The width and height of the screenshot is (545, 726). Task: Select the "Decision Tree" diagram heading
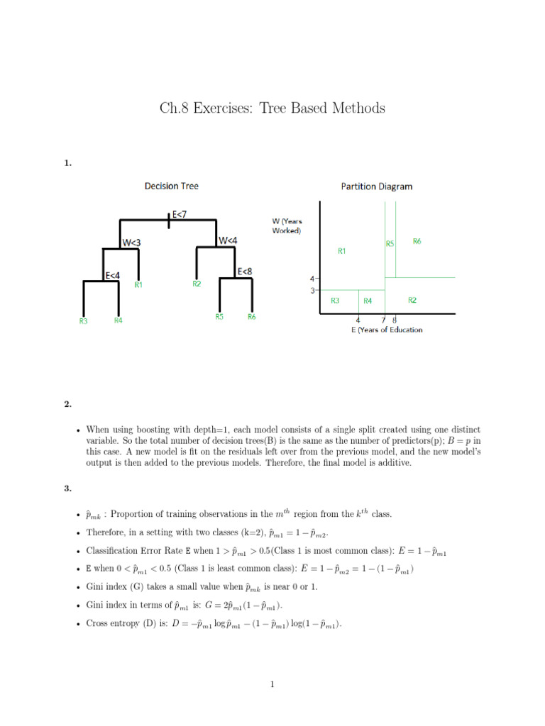[171, 186]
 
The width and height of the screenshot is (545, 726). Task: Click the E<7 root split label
[180, 213]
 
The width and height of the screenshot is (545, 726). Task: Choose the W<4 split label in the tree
[229, 240]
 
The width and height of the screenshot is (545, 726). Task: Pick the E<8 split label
[245, 271]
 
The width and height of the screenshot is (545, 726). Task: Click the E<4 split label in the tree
[112, 275]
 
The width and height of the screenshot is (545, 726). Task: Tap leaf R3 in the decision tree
[83, 321]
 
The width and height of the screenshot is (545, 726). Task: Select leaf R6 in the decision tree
[252, 317]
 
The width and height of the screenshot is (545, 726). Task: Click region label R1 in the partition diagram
[342, 250]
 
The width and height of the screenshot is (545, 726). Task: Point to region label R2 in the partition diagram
[412, 300]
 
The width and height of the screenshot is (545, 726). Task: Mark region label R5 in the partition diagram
[390, 243]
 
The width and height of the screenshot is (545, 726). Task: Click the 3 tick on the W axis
[312, 290]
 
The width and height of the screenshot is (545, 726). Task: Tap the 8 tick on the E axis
[395, 320]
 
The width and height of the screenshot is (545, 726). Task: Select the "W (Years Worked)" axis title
[287, 225]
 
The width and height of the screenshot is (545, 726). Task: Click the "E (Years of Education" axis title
[387, 330]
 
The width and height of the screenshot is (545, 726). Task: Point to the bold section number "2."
[67, 404]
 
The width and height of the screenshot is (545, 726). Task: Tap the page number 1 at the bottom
[272, 684]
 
